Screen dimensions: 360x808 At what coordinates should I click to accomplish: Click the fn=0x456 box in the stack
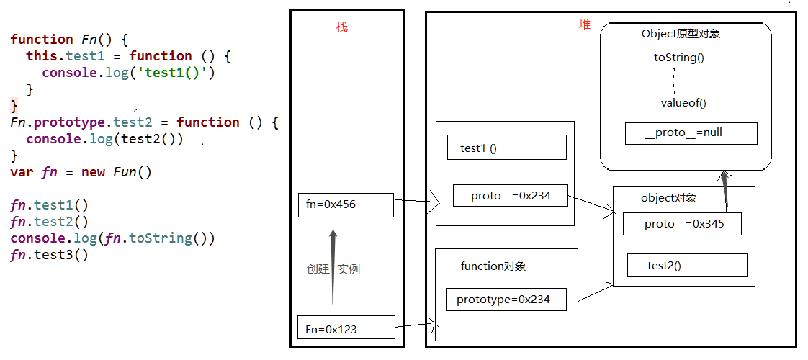coord(346,204)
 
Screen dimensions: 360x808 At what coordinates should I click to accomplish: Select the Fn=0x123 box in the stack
coord(346,328)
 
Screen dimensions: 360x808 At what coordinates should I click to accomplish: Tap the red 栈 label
coord(342,27)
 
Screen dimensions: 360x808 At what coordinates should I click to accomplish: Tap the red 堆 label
coord(585,24)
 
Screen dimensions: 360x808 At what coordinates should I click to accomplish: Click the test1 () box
coord(506,148)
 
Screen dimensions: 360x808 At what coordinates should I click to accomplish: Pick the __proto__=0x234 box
coord(511,196)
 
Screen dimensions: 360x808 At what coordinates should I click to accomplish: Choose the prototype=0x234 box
coord(506,300)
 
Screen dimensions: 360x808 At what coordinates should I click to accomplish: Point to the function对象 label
coord(493,266)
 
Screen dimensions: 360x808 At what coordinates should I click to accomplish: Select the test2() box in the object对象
coord(686,266)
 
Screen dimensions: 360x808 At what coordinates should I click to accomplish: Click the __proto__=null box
coord(691,133)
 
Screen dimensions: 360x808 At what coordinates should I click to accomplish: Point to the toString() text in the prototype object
coord(678,58)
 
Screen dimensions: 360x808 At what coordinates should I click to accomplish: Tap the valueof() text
coord(683,103)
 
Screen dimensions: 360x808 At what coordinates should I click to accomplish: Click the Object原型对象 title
coord(681,34)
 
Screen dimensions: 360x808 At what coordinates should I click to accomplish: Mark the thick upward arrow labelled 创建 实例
coord(333,266)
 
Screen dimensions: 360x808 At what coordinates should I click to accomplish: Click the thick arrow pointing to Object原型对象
coord(725,192)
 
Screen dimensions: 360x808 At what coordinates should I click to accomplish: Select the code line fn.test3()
coord(49,255)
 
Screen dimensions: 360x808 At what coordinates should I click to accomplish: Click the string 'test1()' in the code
coord(176,73)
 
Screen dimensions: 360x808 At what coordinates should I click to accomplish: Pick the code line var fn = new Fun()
coord(81,172)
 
